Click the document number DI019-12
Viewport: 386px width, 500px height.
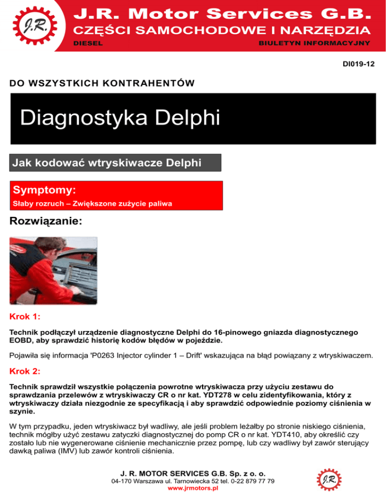tap(358, 65)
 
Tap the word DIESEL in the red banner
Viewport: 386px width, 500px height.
tap(88, 44)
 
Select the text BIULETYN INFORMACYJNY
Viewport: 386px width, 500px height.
tap(315, 44)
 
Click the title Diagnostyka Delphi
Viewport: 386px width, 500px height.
tap(120, 119)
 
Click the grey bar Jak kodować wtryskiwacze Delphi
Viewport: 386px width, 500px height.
tap(107, 163)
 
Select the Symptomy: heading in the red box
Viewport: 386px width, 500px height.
tap(44, 190)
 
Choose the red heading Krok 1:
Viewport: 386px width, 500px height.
tap(25, 317)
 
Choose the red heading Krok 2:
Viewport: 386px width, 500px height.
tap(25, 372)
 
